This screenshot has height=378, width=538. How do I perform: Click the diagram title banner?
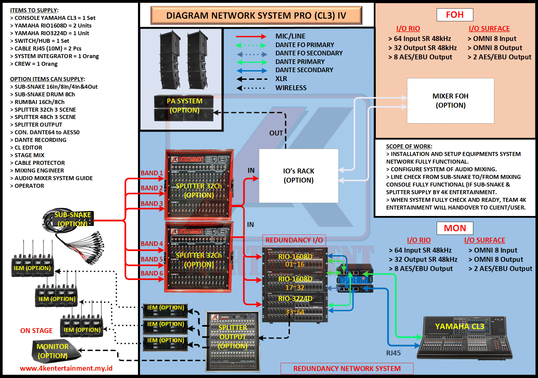coord(256,15)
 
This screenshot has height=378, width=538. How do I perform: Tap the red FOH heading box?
coord(455,15)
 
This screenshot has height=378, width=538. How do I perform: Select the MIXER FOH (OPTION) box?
coord(450,101)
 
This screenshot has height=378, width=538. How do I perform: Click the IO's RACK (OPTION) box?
coord(298,176)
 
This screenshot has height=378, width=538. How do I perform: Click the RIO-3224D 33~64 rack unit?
coord(295,307)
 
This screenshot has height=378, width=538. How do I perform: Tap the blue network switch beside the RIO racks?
coord(355,278)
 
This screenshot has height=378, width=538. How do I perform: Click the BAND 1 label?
coord(151,173)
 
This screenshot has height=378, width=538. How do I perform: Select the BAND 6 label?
coord(151,273)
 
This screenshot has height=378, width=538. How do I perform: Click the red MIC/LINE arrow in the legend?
coord(251,37)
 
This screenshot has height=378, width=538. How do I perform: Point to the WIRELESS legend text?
coord(291,88)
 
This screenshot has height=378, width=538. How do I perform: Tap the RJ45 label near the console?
coord(393,353)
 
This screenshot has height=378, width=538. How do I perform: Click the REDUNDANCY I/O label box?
coord(294,240)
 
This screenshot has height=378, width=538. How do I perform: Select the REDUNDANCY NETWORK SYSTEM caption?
coord(347,369)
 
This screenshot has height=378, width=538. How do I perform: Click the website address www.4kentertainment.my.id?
coord(66,368)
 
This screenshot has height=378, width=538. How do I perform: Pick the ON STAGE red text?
coord(36,331)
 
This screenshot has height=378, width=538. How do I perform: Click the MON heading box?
coord(455,228)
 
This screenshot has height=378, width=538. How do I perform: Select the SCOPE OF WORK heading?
coord(409,146)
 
